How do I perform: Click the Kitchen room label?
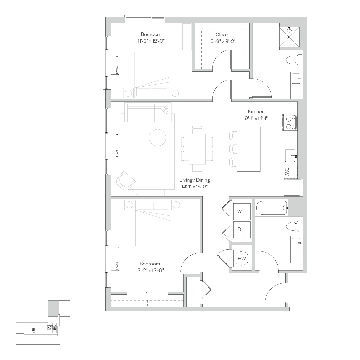pyautogui.click(x=256, y=111)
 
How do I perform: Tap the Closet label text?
pyautogui.click(x=222, y=35)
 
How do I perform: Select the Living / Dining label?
pyautogui.click(x=195, y=180)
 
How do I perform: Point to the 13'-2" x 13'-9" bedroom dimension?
pyautogui.click(x=150, y=270)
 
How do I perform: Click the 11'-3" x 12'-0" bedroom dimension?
pyautogui.click(x=151, y=41)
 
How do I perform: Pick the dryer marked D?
pyautogui.click(x=242, y=229)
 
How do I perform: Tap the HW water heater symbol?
pyautogui.click(x=241, y=258)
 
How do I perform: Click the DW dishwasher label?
pyautogui.click(x=287, y=172)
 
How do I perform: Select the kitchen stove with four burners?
pyautogui.click(x=290, y=122)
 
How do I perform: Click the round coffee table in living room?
pyautogui.click(x=157, y=138)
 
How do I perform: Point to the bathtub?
pyautogui.click(x=272, y=208)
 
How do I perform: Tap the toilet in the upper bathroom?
pyautogui.click(x=294, y=60)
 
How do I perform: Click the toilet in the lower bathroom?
pyautogui.click(x=294, y=226)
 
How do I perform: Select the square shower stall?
pyautogui.click(x=289, y=37)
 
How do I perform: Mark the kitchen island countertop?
pyautogui.click(x=249, y=149)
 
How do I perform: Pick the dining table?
pyautogui.click(x=197, y=149)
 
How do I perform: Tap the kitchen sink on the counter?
pyautogui.click(x=290, y=156)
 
